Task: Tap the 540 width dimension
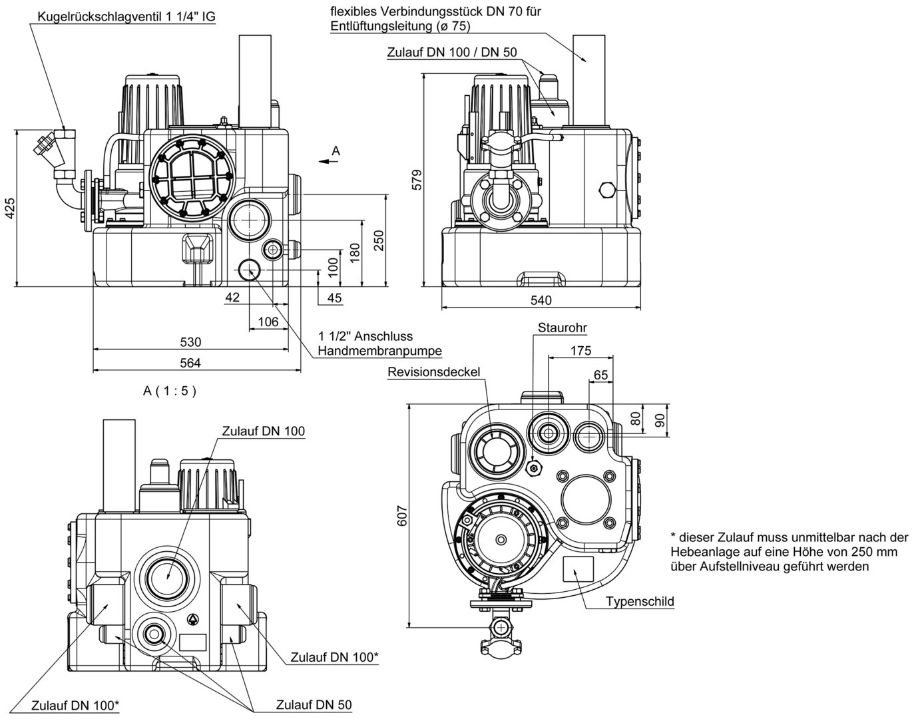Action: [541, 300]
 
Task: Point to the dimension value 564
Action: [190, 362]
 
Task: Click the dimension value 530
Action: [190, 342]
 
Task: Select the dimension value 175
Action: [580, 351]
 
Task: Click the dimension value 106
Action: [268, 322]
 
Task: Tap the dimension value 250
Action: [379, 240]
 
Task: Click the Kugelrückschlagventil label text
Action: [126, 17]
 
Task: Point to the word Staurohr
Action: [563, 328]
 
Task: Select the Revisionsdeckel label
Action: [434, 372]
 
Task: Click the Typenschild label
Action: [640, 602]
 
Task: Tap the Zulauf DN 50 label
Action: [314, 705]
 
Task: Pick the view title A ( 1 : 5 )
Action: [170, 391]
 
